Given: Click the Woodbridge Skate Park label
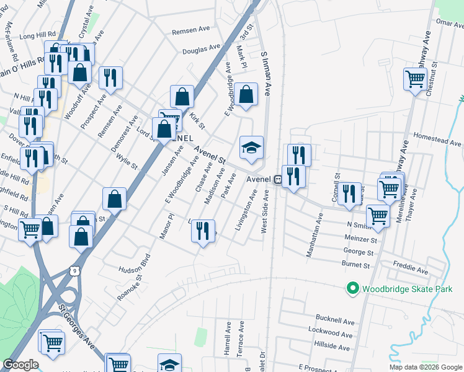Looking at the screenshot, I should click(401, 288).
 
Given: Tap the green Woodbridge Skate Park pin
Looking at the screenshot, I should click(353, 288).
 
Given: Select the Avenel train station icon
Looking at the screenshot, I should click(278, 179).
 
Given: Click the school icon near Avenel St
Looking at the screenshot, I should click(251, 148).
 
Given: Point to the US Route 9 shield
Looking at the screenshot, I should click(75, 271).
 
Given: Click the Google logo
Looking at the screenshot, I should click(20, 365).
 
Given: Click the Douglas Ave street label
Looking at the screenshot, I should click(202, 48).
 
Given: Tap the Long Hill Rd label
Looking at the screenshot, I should click(37, 36).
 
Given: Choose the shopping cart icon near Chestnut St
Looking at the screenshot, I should click(414, 79).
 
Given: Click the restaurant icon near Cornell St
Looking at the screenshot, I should click(350, 193).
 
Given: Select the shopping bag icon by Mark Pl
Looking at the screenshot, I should click(246, 95).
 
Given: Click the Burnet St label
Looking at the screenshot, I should click(355, 265).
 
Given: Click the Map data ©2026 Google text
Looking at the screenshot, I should click(426, 367).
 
